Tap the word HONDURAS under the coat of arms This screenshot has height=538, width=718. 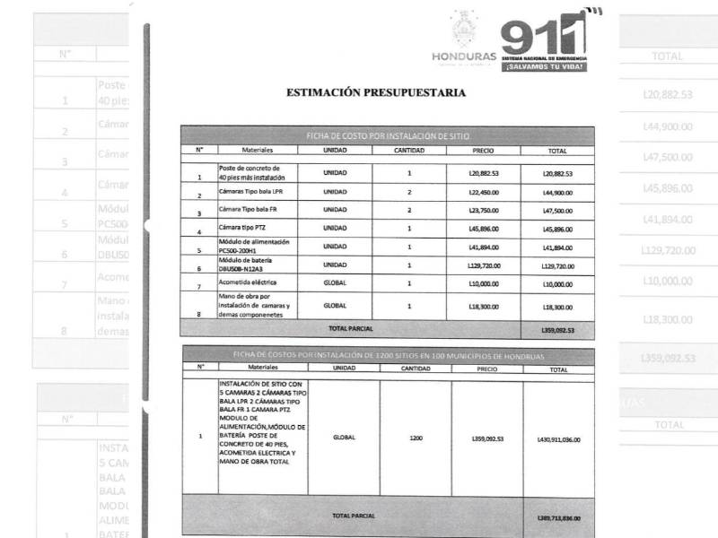click(x=463, y=56)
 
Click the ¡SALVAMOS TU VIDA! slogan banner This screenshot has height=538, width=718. click(x=546, y=66)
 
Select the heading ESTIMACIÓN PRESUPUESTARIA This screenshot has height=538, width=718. click(x=376, y=92)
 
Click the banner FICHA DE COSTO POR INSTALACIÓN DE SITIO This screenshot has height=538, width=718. click(x=387, y=135)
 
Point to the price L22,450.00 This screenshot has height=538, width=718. click(x=484, y=192)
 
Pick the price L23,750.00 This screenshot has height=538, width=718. click(x=484, y=210)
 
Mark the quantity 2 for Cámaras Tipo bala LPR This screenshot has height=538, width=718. click(x=409, y=192)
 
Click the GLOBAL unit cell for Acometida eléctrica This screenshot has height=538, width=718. click(x=335, y=283)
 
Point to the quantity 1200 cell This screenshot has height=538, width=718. click(x=416, y=438)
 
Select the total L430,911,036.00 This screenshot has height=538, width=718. click(x=557, y=439)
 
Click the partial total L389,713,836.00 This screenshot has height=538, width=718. click(x=557, y=517)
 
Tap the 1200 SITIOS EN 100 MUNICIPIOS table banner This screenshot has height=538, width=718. click(x=387, y=356)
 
